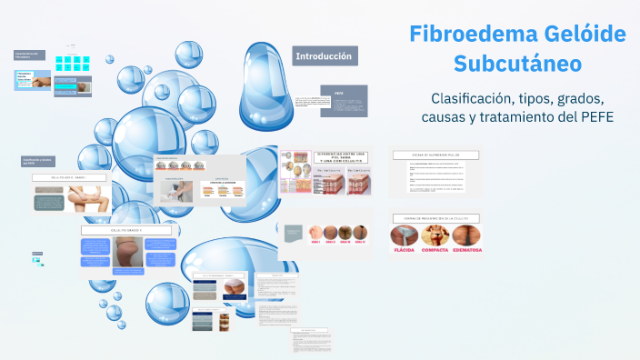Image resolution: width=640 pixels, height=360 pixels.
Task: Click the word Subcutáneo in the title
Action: (517, 65)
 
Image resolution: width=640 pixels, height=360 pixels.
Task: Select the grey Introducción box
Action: (323, 56)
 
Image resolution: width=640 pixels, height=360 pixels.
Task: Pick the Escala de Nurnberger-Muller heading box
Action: (435, 155)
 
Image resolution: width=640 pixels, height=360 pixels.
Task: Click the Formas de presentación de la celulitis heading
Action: (435, 219)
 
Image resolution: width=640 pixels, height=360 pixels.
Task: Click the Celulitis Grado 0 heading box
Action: (71, 178)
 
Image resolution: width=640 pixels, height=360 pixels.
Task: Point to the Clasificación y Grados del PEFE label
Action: (35, 161)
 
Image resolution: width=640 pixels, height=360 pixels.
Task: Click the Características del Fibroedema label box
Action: (28, 55)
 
